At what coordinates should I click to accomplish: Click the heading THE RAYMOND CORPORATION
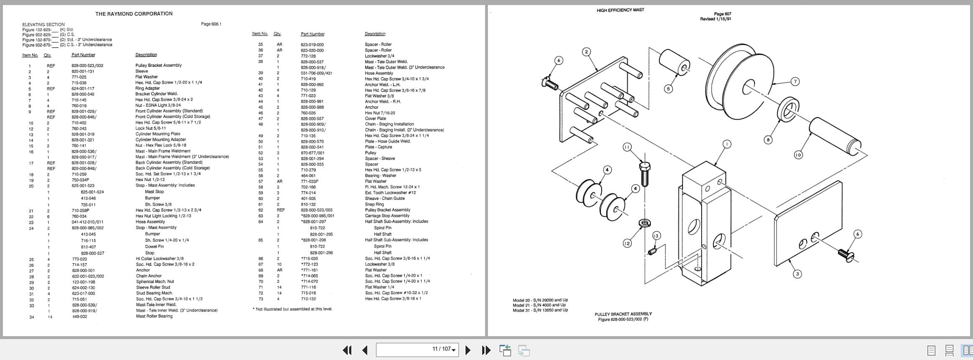(134, 14)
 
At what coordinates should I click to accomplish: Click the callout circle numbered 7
(795, 82)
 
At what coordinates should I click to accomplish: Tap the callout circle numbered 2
(587, 52)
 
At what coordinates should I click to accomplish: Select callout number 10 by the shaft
(798, 155)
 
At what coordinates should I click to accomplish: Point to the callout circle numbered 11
(627, 147)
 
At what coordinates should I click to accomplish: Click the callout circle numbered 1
(727, 144)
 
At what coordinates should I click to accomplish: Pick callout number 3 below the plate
(797, 274)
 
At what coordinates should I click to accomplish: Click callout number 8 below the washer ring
(768, 140)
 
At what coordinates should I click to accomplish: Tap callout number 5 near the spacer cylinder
(668, 89)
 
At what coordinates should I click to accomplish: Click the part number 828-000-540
(83, 94)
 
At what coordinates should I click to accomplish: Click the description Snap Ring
(374, 204)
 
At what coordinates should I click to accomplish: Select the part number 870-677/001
(312, 153)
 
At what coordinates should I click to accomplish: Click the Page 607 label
(723, 14)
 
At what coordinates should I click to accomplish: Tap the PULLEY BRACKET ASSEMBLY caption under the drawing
(623, 314)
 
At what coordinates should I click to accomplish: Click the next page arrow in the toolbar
(468, 350)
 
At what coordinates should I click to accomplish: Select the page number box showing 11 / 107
(417, 350)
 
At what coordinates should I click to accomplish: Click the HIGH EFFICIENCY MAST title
(620, 10)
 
